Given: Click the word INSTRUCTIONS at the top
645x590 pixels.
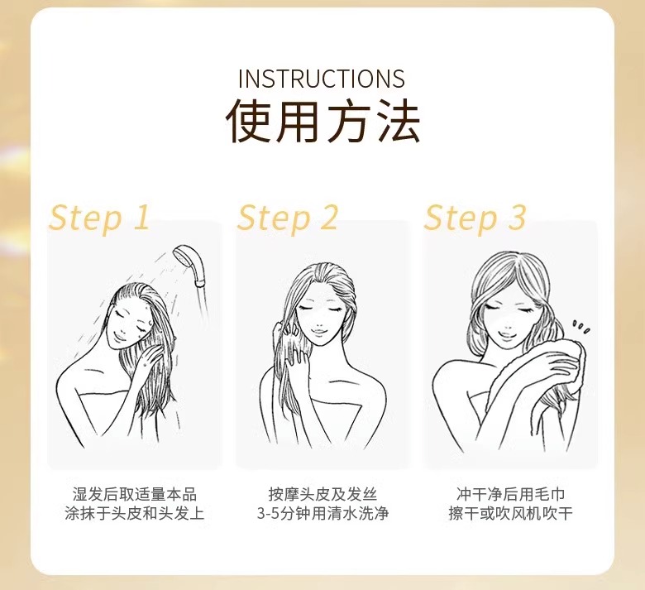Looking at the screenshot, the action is (322, 79).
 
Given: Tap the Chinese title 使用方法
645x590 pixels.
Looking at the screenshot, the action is (322, 120).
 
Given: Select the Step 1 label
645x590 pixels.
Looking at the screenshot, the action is (98, 218).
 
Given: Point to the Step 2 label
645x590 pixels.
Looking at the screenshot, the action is (287, 218).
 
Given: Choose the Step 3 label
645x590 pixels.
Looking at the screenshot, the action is (475, 218).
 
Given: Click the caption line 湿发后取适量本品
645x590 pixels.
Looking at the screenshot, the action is (135, 495).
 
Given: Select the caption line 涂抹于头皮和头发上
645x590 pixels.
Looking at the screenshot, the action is (135, 513).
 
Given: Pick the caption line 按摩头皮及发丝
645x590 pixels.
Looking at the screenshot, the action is (322, 495).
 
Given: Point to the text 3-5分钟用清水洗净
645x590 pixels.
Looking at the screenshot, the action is (322, 513).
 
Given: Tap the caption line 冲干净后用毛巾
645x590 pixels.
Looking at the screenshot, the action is (510, 495).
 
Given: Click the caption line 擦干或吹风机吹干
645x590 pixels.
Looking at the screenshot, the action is (510, 513).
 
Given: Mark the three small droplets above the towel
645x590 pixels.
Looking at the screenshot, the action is (580, 328).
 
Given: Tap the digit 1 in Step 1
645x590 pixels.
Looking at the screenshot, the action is (141, 217).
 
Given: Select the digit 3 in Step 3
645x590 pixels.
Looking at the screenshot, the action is (517, 217).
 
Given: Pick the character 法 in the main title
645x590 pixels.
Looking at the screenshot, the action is (399, 120).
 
